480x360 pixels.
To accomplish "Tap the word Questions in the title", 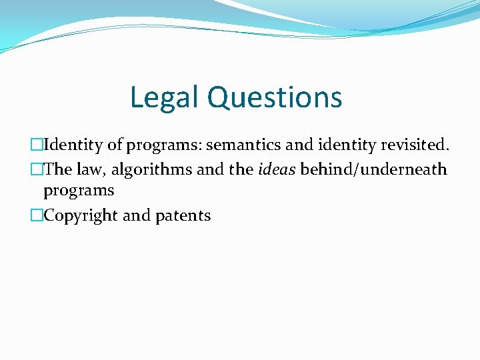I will point(275,97).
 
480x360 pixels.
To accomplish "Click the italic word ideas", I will point(275,169).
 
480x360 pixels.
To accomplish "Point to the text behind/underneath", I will point(373,169).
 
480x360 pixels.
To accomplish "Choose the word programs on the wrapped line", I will point(79,191).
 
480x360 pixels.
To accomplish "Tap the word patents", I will point(183,215).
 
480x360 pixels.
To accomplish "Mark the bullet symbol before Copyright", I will point(37,215).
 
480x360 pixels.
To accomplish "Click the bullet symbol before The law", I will point(37,169).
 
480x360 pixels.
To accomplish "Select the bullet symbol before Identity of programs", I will point(37,145).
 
